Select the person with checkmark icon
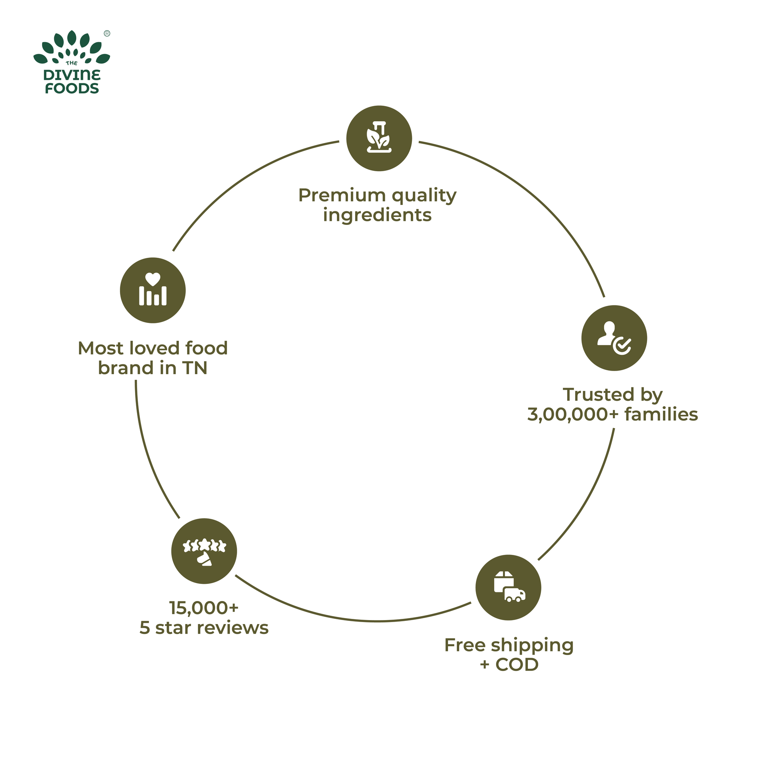pos(614,338)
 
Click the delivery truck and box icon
pos(508,587)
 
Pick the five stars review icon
pos(204,551)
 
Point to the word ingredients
pos(377,215)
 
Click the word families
pos(661,415)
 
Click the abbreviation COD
pos(517,665)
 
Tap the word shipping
pos(532,646)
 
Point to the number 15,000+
pos(204,608)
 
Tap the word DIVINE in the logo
pos(72,75)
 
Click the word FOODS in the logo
pos(72,89)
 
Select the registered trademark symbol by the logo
pos(107,34)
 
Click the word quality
pos(424,196)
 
